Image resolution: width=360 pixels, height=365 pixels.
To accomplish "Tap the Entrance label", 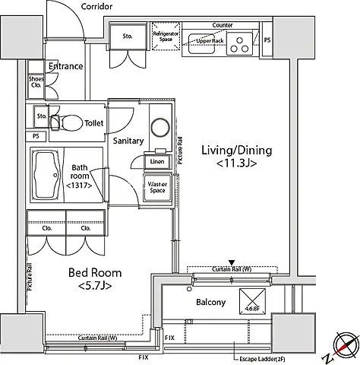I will (x=65, y=66).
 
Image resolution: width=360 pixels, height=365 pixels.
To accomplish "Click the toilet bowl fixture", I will (x=71, y=120).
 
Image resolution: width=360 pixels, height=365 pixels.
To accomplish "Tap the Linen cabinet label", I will (x=157, y=161).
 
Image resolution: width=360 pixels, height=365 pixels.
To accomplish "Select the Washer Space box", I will (x=157, y=186).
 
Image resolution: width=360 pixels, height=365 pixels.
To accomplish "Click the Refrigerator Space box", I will (x=165, y=39).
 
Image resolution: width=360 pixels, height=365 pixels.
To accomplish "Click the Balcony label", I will (x=210, y=303).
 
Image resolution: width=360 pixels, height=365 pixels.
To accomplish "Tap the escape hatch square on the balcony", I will (x=251, y=300).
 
